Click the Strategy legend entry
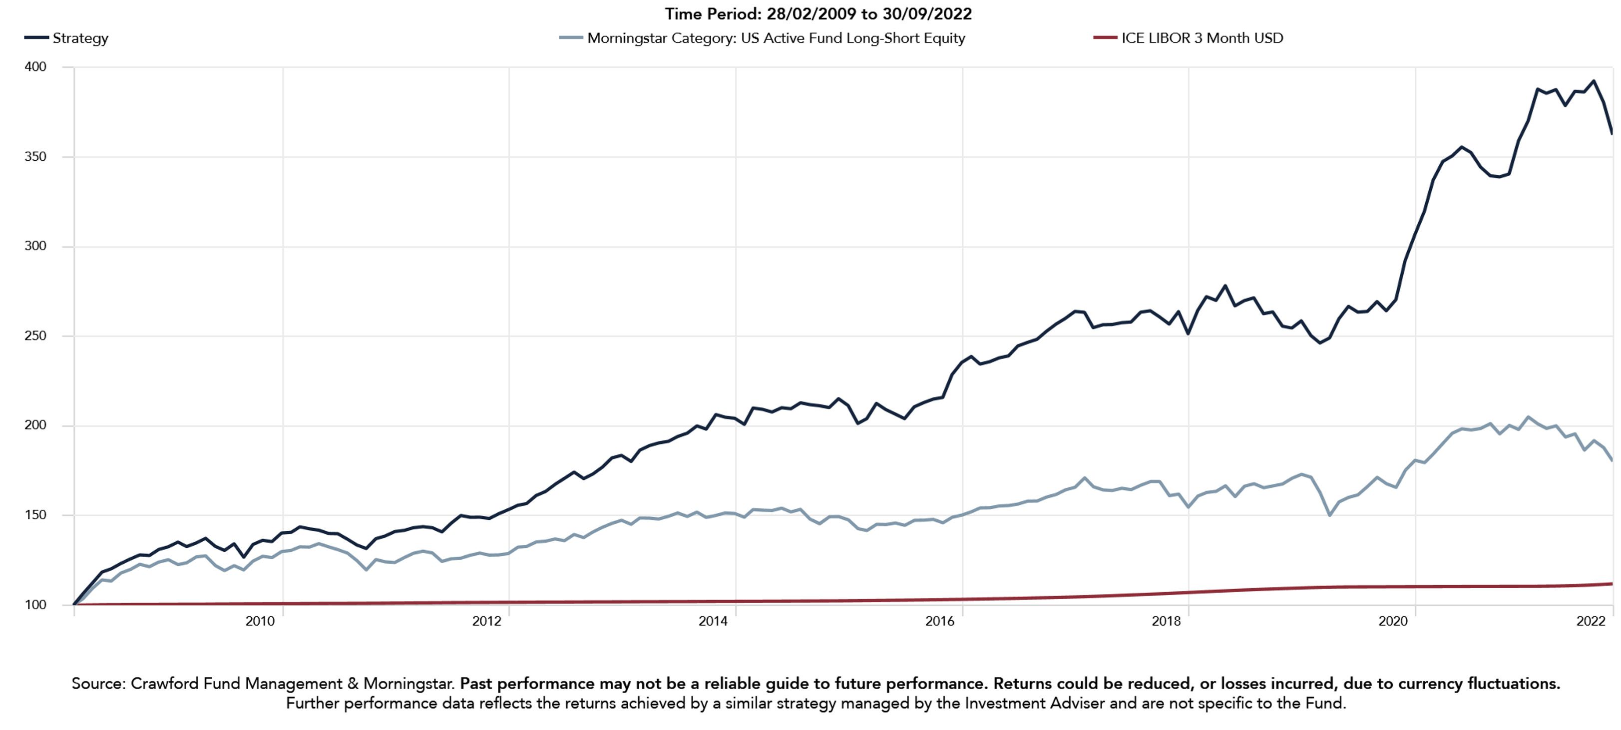80,38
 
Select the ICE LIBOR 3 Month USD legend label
1202,38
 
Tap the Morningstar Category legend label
775,38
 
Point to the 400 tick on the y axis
35,67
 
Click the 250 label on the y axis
35,336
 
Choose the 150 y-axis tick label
35,515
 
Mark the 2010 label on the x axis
260,622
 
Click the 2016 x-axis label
939,622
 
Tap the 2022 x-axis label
1591,622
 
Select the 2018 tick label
1166,622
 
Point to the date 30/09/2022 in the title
927,14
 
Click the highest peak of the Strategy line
1594,81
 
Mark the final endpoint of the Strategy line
1612,133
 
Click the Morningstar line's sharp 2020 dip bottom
1329,515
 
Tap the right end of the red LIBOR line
1612,584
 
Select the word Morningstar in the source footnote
408,684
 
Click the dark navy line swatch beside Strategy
36,38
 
